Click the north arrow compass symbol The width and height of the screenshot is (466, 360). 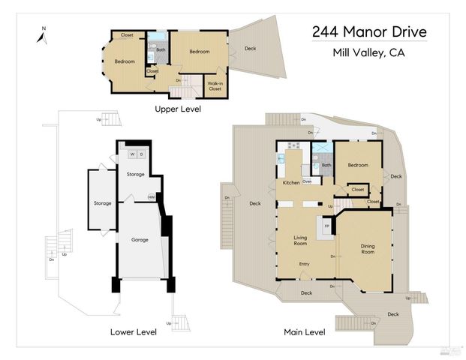click(x=41, y=34)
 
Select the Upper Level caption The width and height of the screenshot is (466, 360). click(x=178, y=109)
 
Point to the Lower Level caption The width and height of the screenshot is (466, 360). click(x=133, y=331)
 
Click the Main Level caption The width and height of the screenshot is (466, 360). click(x=304, y=331)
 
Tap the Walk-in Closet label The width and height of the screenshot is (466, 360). click(x=215, y=85)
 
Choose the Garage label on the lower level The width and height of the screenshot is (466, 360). click(x=140, y=240)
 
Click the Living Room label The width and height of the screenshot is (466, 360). click(x=300, y=239)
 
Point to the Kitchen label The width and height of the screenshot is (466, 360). click(x=291, y=182)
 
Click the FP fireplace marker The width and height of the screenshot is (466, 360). click(x=326, y=224)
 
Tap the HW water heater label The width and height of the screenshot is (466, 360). click(x=151, y=197)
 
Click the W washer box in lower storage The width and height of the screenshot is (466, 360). click(x=132, y=154)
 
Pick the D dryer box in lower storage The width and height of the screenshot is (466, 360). click(x=141, y=154)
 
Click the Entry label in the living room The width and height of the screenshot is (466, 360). click(x=304, y=263)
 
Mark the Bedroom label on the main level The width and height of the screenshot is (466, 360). click(x=356, y=165)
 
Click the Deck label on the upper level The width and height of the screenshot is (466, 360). click(x=250, y=49)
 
